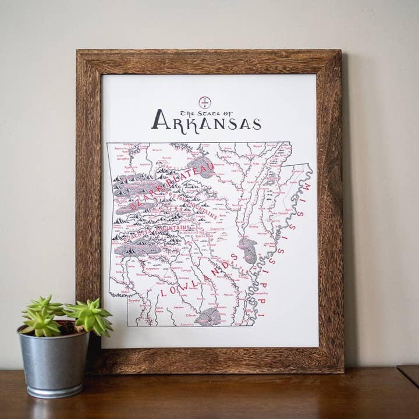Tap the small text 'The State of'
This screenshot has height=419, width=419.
coord(205,112)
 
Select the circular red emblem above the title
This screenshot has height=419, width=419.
coord(205,102)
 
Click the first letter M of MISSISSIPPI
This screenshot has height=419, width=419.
coord(307,187)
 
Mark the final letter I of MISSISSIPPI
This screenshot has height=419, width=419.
coord(261,314)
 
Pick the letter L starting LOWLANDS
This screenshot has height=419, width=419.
coord(164,292)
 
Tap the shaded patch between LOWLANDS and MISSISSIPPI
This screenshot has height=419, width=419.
coord(248,250)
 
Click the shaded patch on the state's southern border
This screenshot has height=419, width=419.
coord(208,317)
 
